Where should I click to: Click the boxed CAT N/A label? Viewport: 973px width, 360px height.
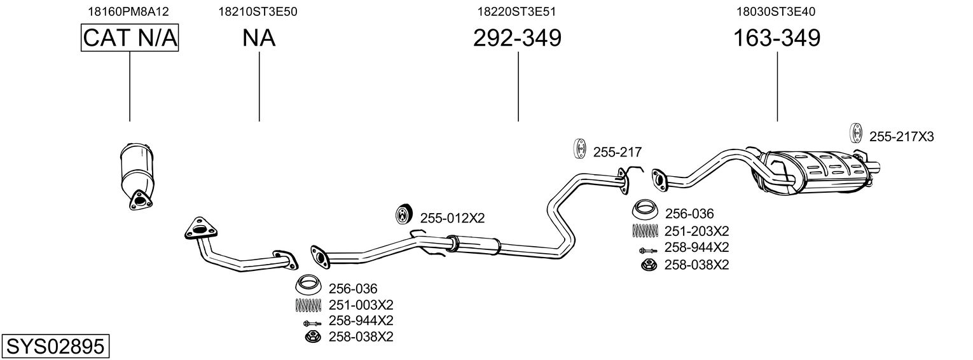[x=130, y=38]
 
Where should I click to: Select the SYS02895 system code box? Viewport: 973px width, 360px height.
[x=55, y=347]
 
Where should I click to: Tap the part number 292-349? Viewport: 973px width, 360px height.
[x=517, y=38]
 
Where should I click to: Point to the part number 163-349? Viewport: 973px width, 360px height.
[x=776, y=38]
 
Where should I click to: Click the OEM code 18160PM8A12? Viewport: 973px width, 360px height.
[x=130, y=11]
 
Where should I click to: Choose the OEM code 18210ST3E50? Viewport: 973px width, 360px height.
[x=259, y=11]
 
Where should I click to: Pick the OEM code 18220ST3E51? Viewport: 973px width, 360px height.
[x=518, y=11]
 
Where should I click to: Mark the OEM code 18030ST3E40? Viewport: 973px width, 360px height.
[x=776, y=11]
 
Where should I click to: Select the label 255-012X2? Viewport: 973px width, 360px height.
[x=452, y=218]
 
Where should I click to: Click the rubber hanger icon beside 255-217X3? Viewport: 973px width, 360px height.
[x=856, y=134]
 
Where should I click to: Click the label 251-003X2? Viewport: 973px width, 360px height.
[x=361, y=305]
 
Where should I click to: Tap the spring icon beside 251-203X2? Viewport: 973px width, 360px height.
[x=645, y=231]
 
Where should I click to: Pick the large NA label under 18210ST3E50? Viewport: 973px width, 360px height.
[x=259, y=38]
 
